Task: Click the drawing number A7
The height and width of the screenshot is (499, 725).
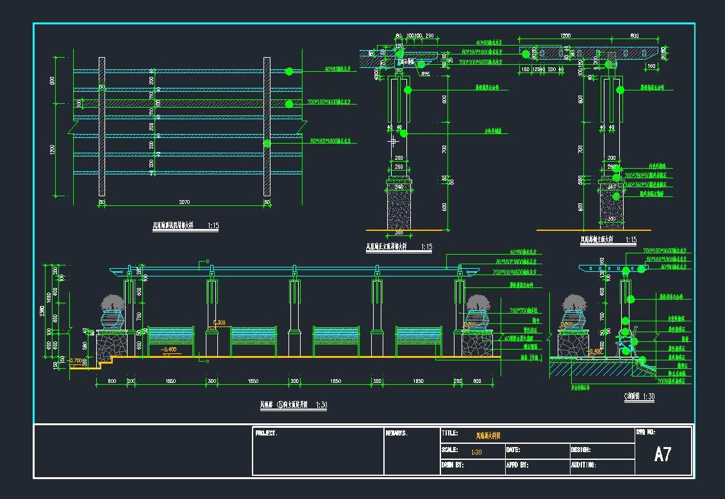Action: pyautogui.click(x=662, y=455)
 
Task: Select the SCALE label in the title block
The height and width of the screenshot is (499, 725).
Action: pyautogui.click(x=449, y=450)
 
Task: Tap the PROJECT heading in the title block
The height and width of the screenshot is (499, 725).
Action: pyautogui.click(x=266, y=434)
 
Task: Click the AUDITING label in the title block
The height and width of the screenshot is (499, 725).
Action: pyautogui.click(x=583, y=465)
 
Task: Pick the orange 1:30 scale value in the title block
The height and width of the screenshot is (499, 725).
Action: pyautogui.click(x=476, y=452)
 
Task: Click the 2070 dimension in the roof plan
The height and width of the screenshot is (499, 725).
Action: pyautogui.click(x=183, y=203)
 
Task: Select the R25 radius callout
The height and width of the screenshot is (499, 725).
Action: pyautogui.click(x=426, y=74)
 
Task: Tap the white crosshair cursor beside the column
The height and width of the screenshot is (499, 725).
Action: pyautogui.click(x=392, y=140)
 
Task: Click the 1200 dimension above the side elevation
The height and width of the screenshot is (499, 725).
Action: pyautogui.click(x=565, y=36)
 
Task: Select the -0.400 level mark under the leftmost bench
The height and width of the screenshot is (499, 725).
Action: pyautogui.click(x=170, y=350)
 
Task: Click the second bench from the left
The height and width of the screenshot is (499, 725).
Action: pyautogui.click(x=253, y=340)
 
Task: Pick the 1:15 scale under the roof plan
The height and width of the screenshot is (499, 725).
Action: pyautogui.click(x=213, y=226)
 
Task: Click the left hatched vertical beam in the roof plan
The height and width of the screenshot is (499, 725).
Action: pyautogui.click(x=102, y=126)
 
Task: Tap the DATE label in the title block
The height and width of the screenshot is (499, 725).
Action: pyautogui.click(x=513, y=450)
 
